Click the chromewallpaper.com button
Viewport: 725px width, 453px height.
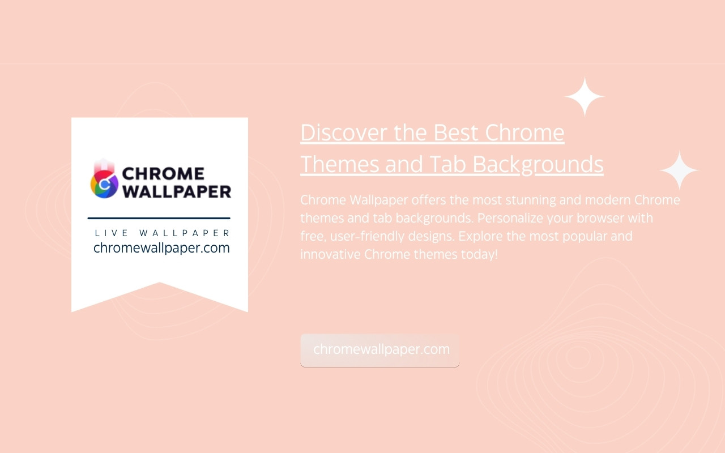[380, 351]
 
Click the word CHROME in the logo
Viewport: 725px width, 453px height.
[163, 174]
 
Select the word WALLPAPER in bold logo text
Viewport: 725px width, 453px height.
[177, 191]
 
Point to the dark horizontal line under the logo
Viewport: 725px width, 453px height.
[159, 218]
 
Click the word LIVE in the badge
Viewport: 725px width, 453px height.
[111, 233]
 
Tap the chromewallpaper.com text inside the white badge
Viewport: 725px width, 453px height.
[161, 248]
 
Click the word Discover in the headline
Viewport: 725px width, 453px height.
[344, 133]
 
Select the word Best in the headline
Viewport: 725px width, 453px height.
[455, 133]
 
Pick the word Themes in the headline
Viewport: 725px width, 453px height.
[339, 164]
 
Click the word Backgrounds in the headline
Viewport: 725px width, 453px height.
[538, 165]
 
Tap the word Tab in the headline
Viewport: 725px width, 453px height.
[447, 164]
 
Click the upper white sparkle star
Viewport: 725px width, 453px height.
[585, 96]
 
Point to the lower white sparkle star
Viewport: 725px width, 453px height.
[679, 170]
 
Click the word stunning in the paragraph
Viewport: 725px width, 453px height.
[531, 200]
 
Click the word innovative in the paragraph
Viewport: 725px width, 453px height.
[330, 254]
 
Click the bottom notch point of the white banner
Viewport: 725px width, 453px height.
[159, 283]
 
